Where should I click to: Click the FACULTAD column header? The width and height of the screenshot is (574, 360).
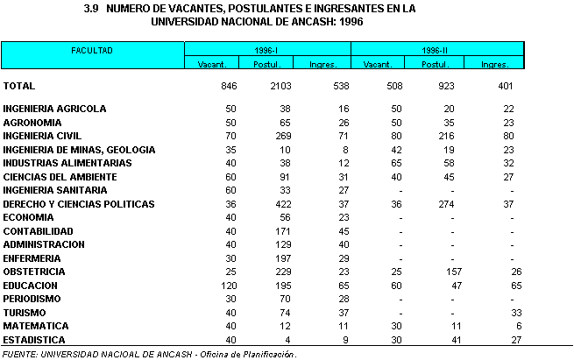[x=92, y=50]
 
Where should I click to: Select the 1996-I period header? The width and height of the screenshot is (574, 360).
[x=267, y=50]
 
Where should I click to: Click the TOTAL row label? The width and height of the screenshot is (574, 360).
[x=18, y=86]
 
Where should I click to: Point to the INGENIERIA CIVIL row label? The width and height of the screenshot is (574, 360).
[x=43, y=136]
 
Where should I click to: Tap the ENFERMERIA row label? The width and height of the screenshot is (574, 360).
[x=32, y=258]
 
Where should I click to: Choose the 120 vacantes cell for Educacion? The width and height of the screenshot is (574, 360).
[x=206, y=286]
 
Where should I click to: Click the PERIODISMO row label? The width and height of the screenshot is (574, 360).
[x=32, y=299]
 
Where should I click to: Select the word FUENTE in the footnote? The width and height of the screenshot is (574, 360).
[x=19, y=354]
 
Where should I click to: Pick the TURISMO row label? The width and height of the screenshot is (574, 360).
[x=26, y=313]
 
